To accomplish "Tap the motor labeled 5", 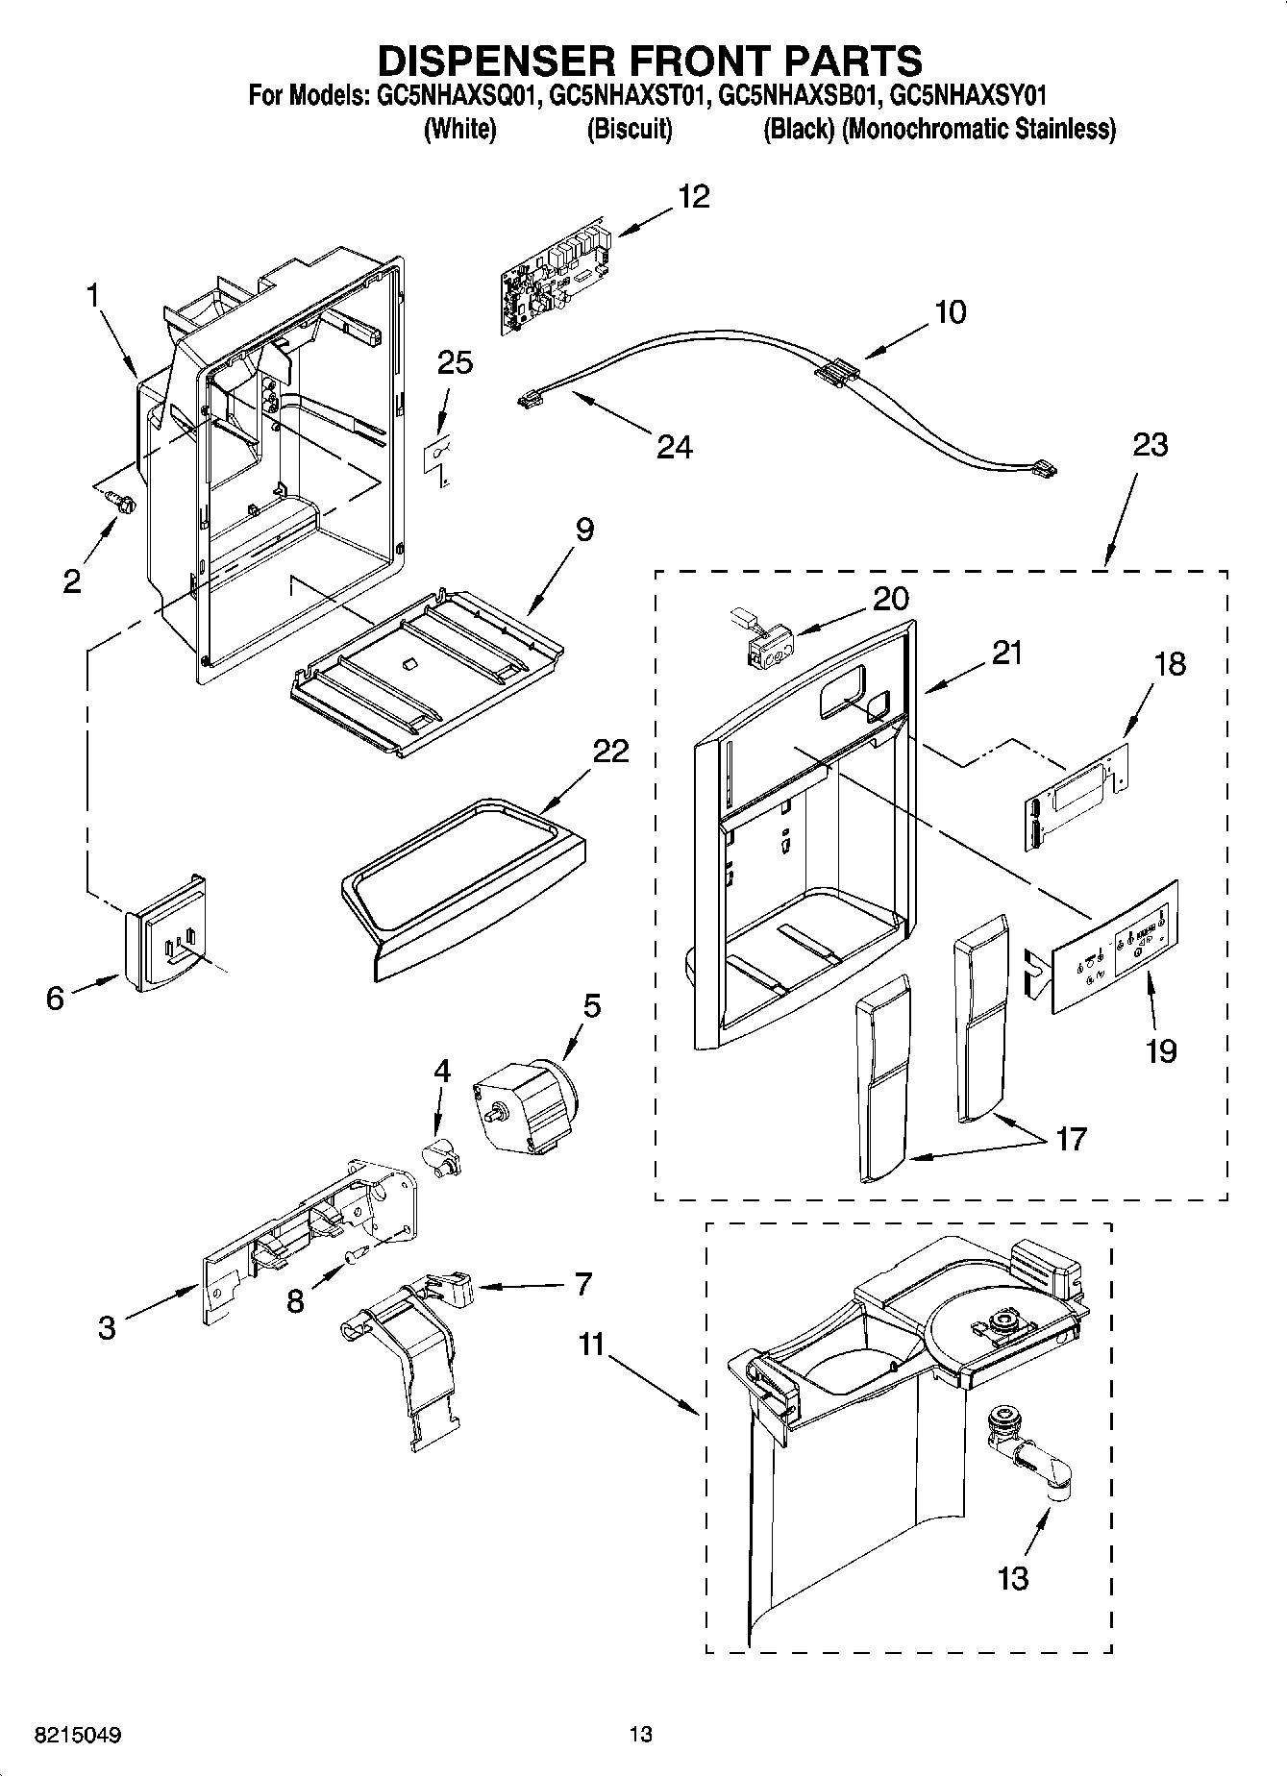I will click(x=525, y=1104).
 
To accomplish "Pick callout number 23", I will click(x=1150, y=445).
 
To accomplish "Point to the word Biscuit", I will click(x=630, y=129).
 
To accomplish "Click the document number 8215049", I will click(x=79, y=1735).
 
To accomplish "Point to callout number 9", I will click(x=584, y=530).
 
